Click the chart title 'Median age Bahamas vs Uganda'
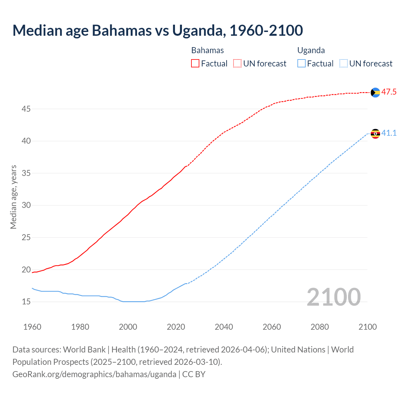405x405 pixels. coord(158,30)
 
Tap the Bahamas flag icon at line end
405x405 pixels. coord(375,92)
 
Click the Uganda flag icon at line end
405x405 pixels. coord(375,134)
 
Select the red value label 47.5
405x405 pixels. coord(389,92)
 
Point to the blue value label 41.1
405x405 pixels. coord(389,133)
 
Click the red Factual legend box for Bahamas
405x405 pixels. coord(195,64)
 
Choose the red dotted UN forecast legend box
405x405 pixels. coord(237,64)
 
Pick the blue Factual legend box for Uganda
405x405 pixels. coord(302,64)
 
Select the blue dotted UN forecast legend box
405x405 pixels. coord(343,64)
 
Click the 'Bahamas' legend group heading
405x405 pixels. coord(208,51)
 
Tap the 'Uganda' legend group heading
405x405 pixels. coord(311,51)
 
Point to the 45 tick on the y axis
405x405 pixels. coord(26,109)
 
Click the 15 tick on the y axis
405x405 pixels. coord(26,302)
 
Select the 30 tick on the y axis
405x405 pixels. coord(26,205)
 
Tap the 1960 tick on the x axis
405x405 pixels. coord(32,327)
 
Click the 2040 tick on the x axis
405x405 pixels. coord(224,327)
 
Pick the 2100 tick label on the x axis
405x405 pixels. coord(368,327)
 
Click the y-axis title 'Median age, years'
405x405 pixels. coord(13,197)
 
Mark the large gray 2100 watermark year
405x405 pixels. coord(333,297)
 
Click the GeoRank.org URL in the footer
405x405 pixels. coord(94,374)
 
